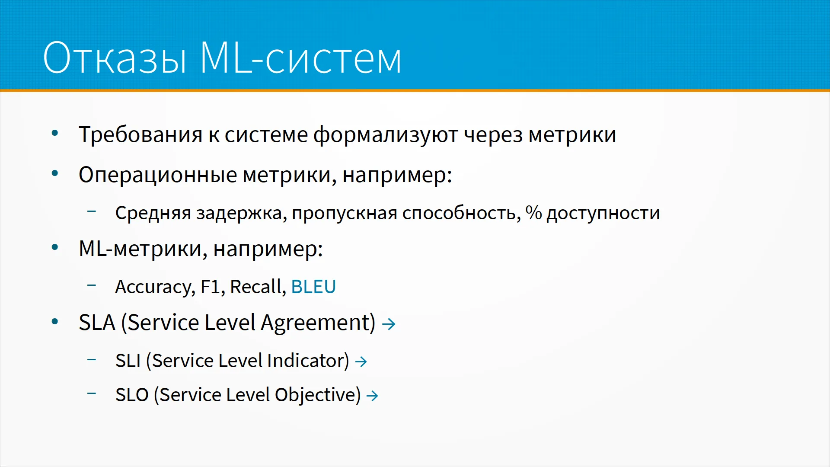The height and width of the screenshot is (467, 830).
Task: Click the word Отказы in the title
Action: pyautogui.click(x=115, y=58)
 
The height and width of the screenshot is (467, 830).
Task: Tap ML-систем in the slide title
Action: pyautogui.click(x=301, y=58)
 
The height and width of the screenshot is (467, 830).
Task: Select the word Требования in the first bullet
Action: pyautogui.click(x=140, y=134)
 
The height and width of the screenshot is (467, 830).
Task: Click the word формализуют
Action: pyautogui.click(x=386, y=135)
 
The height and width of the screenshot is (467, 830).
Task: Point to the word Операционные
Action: pyautogui.click(x=158, y=176)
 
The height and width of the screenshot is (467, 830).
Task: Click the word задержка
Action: pyautogui.click(x=241, y=214)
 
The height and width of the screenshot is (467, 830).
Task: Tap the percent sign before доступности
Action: pyautogui.click(x=533, y=213)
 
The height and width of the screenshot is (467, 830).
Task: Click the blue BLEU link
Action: pyautogui.click(x=313, y=287)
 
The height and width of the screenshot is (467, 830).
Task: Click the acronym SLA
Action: pyautogui.click(x=97, y=323)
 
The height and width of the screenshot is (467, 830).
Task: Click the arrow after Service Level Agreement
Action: pyautogui.click(x=389, y=324)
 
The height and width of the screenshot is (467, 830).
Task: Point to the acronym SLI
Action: pyautogui.click(x=128, y=361)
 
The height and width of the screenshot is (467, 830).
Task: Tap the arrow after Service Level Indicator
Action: pyautogui.click(x=361, y=361)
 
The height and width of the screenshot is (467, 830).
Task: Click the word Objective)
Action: pyautogui.click(x=318, y=395)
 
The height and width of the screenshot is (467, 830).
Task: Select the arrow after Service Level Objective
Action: pyautogui.click(x=372, y=396)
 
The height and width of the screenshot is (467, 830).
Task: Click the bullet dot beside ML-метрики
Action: pyautogui.click(x=55, y=248)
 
